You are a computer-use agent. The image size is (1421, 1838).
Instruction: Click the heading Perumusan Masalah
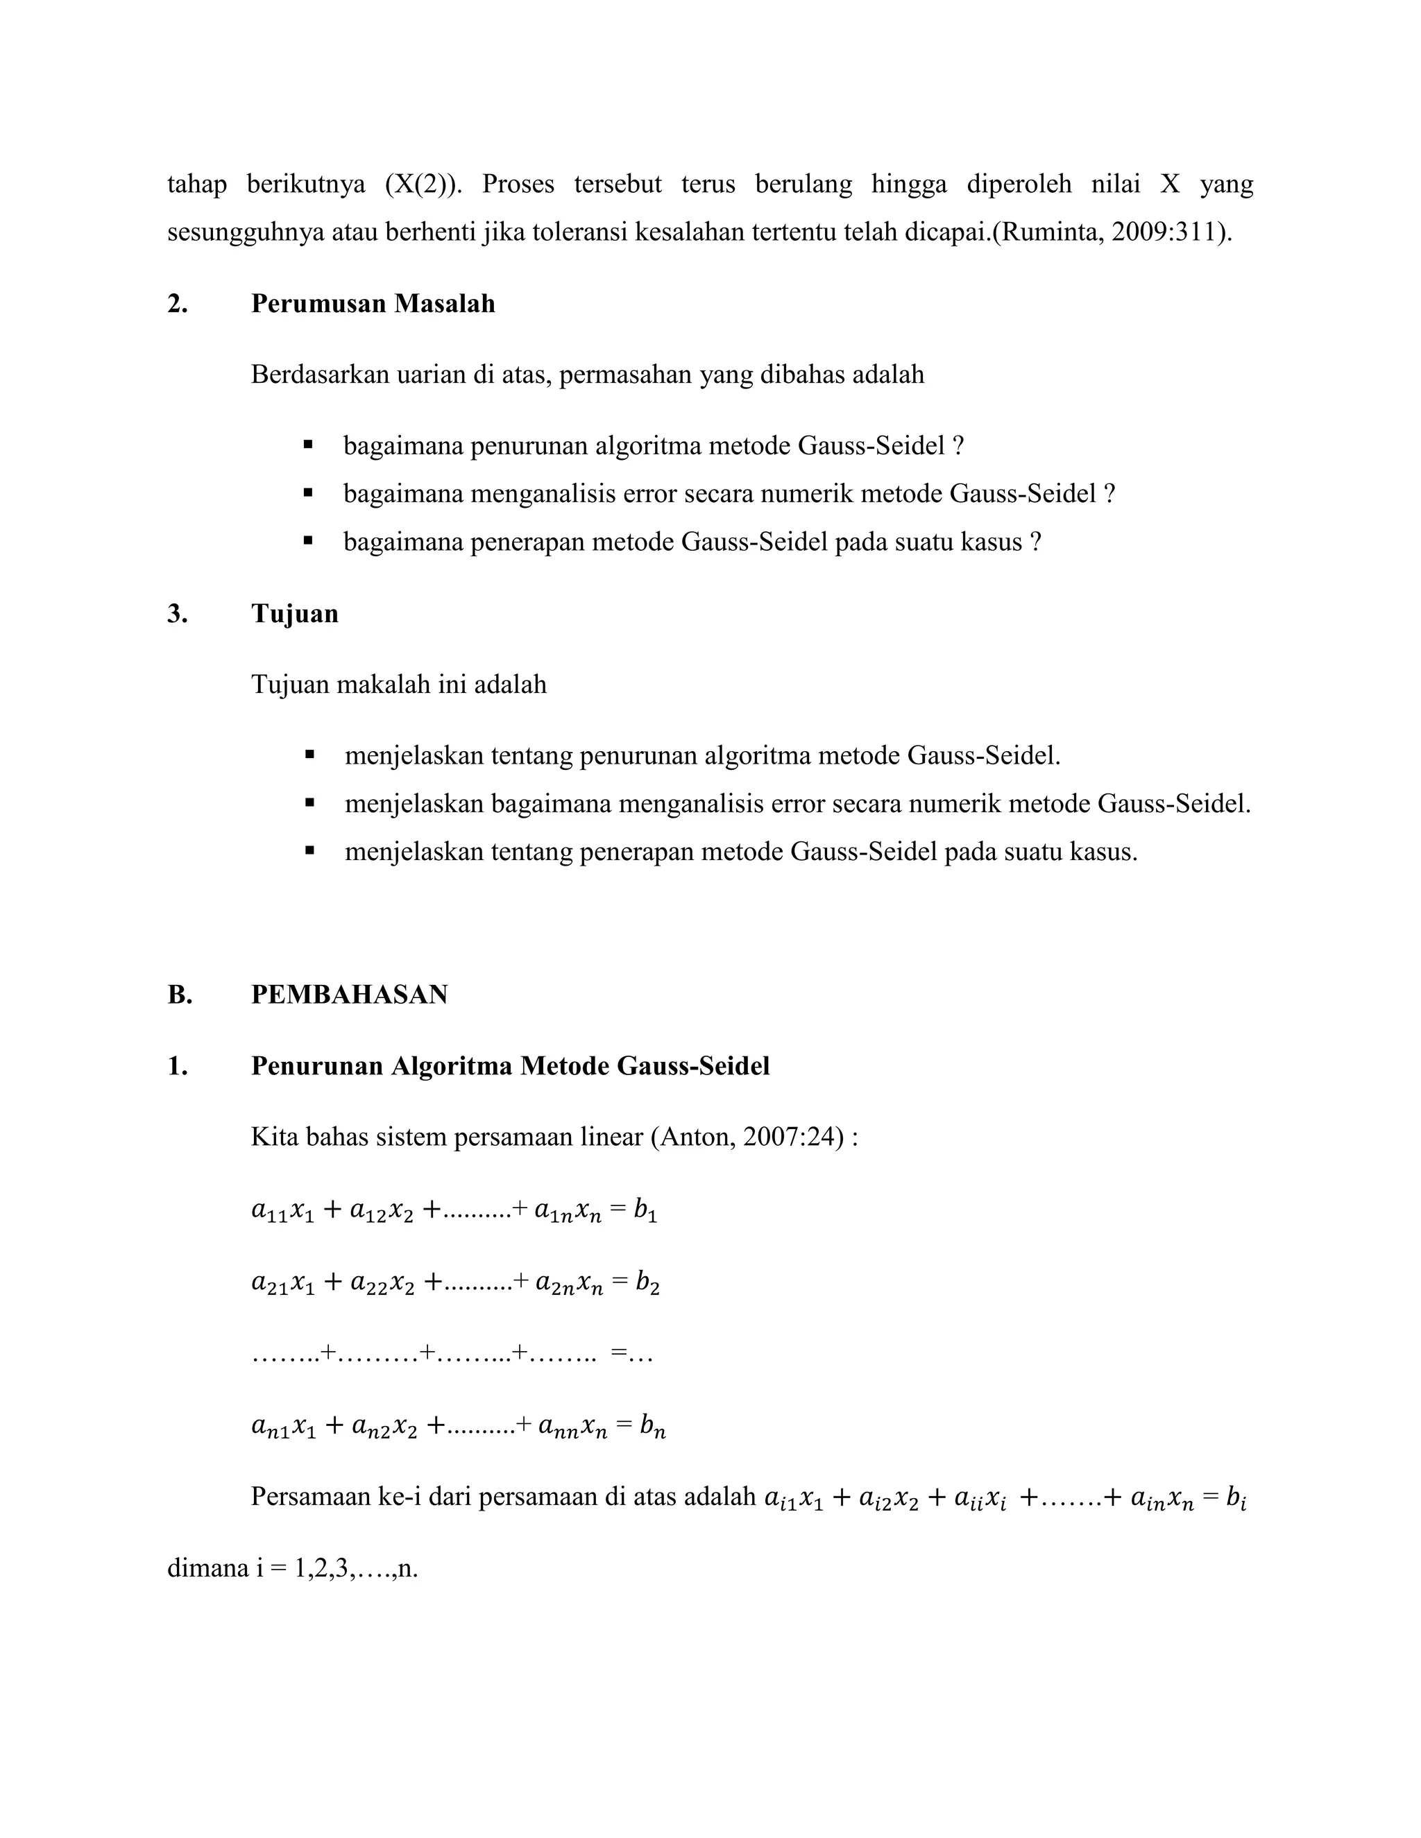click(372, 303)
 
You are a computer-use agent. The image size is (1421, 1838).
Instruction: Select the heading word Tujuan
click(295, 614)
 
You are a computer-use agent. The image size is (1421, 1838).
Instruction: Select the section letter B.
click(179, 995)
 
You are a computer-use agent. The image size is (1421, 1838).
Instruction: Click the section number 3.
click(177, 614)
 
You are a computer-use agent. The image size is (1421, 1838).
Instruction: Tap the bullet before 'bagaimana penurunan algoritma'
click(308, 445)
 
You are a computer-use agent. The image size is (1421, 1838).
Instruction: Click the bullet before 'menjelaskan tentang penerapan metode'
click(309, 852)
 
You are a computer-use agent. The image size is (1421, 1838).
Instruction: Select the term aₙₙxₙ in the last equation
click(572, 1427)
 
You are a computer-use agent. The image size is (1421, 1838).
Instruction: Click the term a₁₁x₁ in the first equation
click(283, 1212)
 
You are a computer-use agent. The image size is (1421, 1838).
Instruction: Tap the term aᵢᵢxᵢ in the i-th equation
click(967, 1500)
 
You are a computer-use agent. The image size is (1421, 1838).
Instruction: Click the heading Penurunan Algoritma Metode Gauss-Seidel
click(510, 1066)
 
